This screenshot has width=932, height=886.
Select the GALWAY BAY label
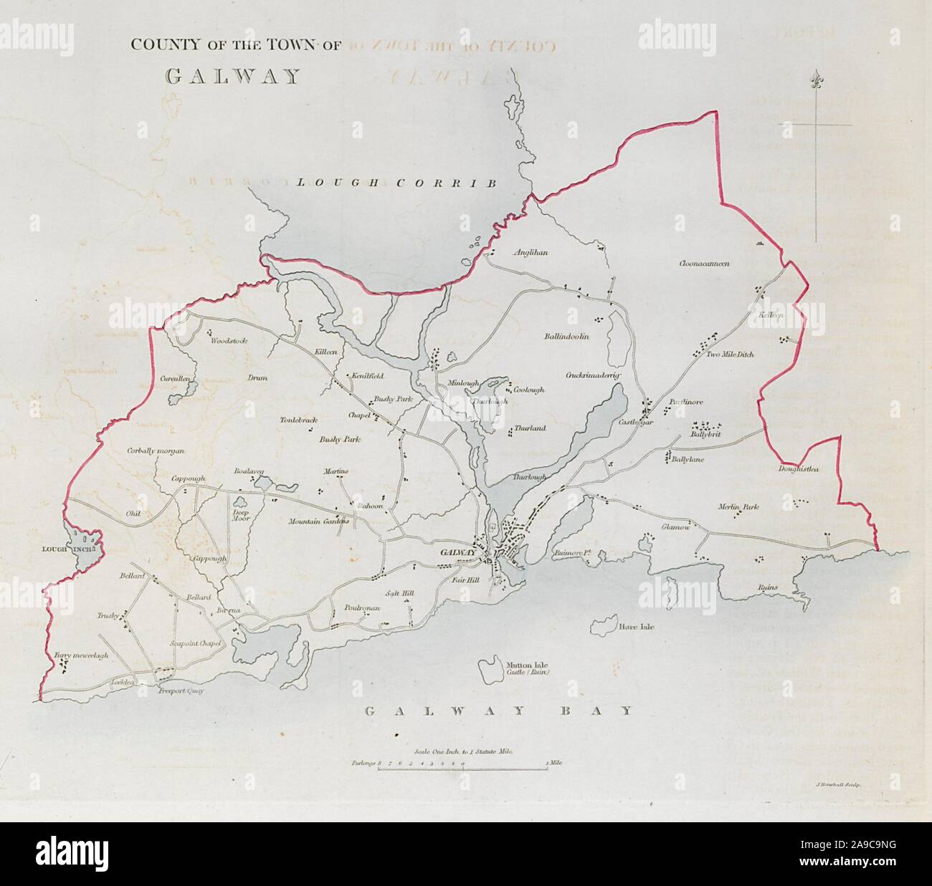click(499, 711)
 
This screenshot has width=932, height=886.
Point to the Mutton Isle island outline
click(491, 672)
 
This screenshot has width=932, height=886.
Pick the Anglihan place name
click(529, 252)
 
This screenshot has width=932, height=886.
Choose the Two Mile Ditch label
click(730, 354)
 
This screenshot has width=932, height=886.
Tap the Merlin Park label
click(738, 507)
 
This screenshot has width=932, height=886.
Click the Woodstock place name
click(228, 341)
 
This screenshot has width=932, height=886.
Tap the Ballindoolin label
click(566, 336)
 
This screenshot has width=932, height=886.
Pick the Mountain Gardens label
click(319, 521)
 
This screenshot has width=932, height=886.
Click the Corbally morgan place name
click(156, 451)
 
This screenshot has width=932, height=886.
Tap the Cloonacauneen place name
click(705, 263)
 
